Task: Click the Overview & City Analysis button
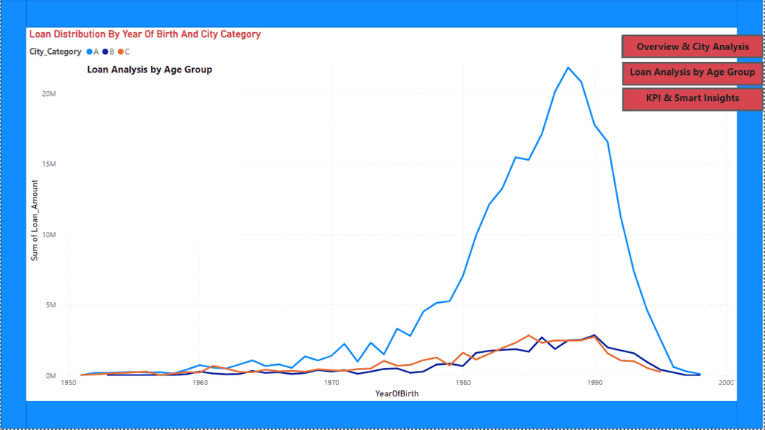(692, 46)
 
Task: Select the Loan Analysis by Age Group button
(692, 73)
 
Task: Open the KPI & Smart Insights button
(692, 98)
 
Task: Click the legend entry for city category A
(93, 52)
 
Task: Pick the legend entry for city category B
(108, 52)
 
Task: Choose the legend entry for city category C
(124, 52)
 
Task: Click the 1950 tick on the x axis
(69, 383)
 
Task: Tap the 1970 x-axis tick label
(332, 383)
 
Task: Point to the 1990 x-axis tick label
(595, 383)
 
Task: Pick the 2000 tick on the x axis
(725, 383)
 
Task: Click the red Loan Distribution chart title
(145, 34)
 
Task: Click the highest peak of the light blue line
(569, 67)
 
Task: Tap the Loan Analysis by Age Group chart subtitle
(149, 70)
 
